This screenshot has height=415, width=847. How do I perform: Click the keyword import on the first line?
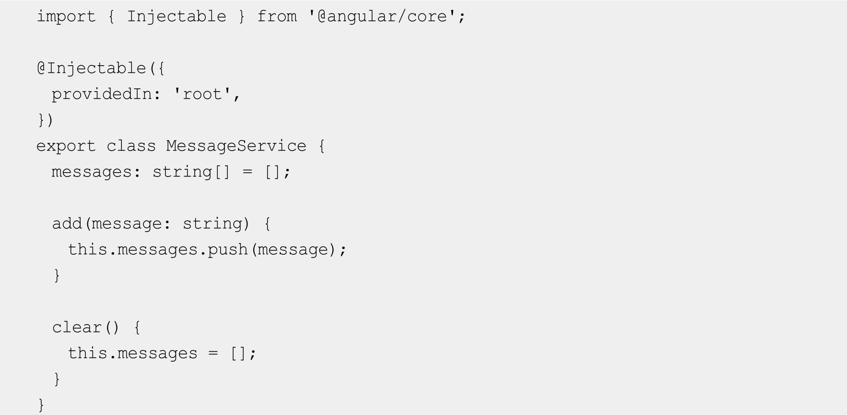click(66, 16)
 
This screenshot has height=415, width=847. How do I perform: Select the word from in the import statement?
click(277, 16)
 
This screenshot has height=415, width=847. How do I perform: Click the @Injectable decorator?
click(91, 68)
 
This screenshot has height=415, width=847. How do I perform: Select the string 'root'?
click(202, 94)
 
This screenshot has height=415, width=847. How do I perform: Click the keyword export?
click(66, 146)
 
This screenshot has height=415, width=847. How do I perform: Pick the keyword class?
click(131, 146)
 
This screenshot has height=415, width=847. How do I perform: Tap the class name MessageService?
click(236, 146)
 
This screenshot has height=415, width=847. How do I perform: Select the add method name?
click(67, 224)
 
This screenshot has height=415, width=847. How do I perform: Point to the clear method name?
click(77, 327)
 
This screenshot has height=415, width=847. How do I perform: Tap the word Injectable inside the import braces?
click(176, 16)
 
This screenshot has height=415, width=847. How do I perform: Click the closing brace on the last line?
click(41, 405)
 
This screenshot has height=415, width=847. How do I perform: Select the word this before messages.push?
click(87, 249)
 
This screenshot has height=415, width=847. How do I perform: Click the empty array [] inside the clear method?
click(238, 353)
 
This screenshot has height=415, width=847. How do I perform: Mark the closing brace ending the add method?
click(57, 275)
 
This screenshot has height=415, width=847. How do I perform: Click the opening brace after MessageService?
click(321, 146)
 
